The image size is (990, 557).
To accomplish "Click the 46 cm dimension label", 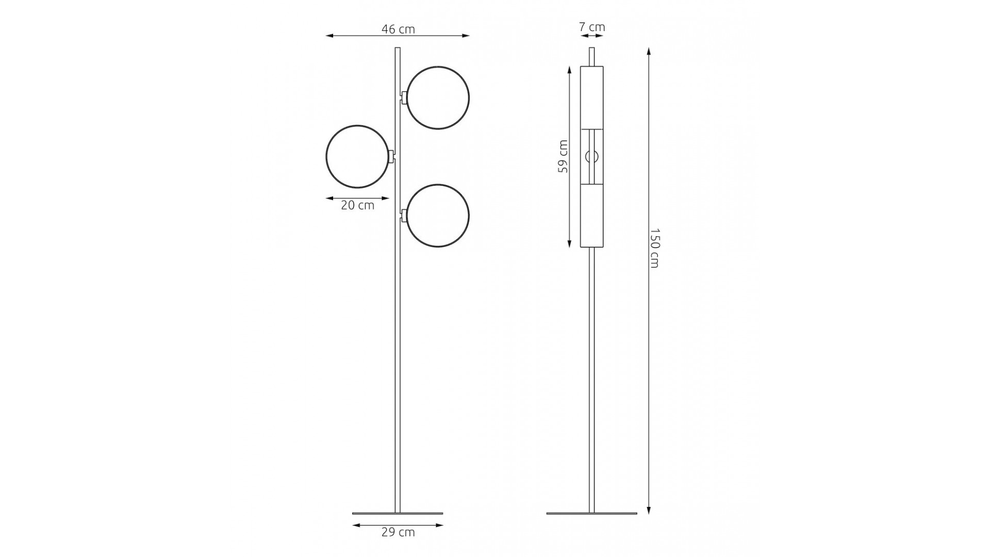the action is pyautogui.click(x=398, y=29).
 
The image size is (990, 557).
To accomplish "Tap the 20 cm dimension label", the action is pyautogui.click(x=357, y=205).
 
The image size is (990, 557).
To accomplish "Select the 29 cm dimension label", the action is pyautogui.click(x=398, y=532).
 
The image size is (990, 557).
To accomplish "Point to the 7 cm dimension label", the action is pyautogui.click(x=592, y=27).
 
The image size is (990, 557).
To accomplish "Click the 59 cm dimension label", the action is pyautogui.click(x=563, y=156).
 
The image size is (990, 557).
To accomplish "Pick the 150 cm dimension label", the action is pyautogui.click(x=654, y=248).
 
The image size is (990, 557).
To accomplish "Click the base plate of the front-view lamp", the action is pyautogui.click(x=398, y=513).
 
